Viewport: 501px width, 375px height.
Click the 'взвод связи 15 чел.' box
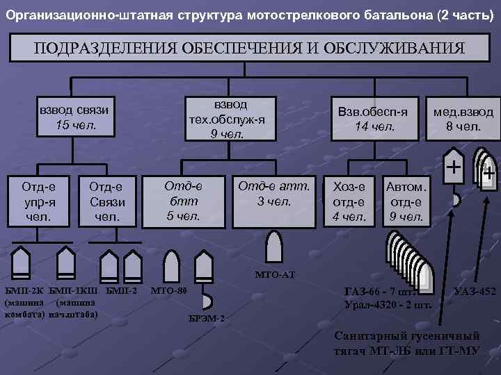[x=77, y=119]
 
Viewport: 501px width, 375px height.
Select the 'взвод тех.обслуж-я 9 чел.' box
[x=227, y=119]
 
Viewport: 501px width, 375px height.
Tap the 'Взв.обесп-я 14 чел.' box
[x=375, y=119]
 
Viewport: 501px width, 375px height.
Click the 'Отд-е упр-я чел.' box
[x=39, y=201]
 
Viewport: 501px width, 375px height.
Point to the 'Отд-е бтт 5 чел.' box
[x=183, y=201]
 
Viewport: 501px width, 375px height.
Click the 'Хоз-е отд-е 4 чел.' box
[x=349, y=201]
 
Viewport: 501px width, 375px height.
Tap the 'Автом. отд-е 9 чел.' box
[x=407, y=201]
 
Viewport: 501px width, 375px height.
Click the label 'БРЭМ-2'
[x=207, y=319]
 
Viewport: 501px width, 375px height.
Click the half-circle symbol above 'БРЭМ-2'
[x=207, y=301]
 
